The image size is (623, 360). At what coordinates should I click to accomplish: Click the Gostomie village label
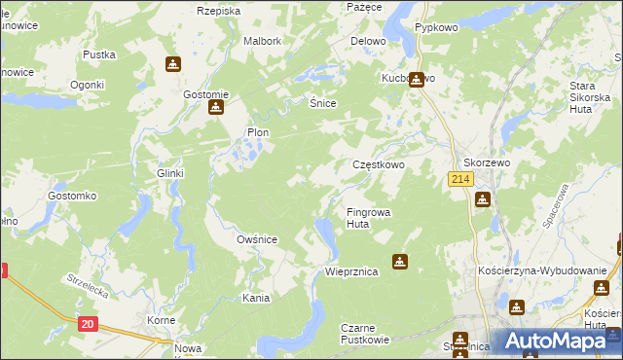(x=205, y=94)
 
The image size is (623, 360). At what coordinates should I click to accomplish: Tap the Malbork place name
(x=262, y=42)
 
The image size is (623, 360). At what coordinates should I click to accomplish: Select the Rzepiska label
(x=218, y=11)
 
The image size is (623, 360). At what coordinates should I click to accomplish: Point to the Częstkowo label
(x=378, y=165)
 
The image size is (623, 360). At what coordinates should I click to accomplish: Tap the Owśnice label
(x=258, y=239)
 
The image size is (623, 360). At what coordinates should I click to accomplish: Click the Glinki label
(x=170, y=173)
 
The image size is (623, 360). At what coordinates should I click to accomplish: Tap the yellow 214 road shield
(x=460, y=180)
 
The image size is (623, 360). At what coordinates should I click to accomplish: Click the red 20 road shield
(x=88, y=324)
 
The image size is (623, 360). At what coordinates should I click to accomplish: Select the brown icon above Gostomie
(x=172, y=64)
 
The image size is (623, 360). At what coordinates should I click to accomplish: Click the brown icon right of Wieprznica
(x=399, y=262)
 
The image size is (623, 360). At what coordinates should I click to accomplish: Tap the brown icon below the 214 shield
(x=482, y=200)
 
